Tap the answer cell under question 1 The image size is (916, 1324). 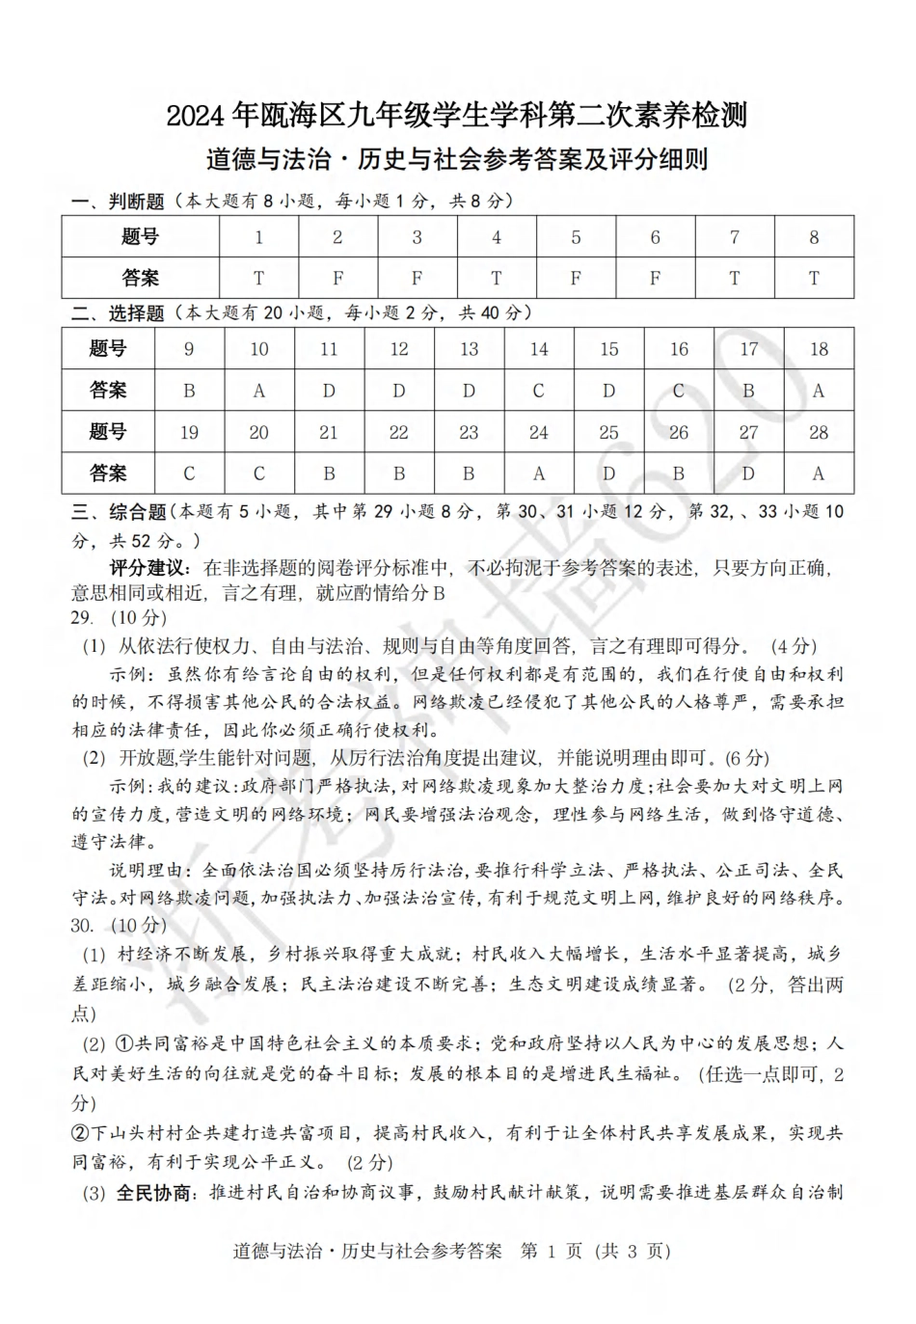tap(258, 279)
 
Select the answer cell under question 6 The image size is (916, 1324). tap(656, 279)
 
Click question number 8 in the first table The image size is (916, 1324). tap(814, 237)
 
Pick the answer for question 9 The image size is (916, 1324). tap(189, 391)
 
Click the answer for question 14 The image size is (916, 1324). tap(539, 391)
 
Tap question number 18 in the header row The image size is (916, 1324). tap(819, 349)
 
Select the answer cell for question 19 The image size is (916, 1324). tap(189, 473)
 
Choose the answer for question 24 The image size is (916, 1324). tap(539, 473)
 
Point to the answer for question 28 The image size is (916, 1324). tap(819, 473)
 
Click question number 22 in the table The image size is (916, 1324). tap(399, 432)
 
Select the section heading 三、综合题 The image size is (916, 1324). tap(120, 512)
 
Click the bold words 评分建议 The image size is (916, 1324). tap(152, 569)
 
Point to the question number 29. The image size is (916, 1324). tap(82, 618)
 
